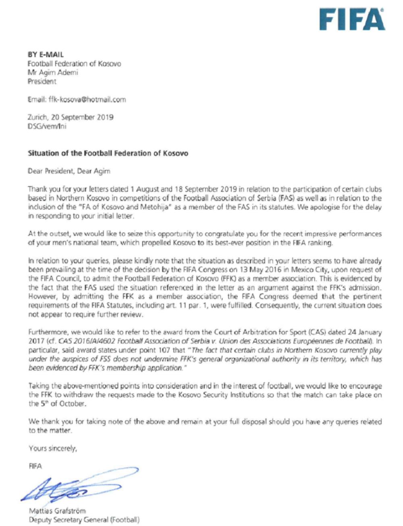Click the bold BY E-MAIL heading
coord(46,54)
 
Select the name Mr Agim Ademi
coord(53,73)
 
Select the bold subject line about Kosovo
coord(108,153)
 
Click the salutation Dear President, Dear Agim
coord(69,171)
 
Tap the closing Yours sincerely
coord(53,448)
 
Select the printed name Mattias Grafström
coord(57,511)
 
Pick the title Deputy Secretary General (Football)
coord(84,520)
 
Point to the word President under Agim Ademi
coord(42,82)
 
